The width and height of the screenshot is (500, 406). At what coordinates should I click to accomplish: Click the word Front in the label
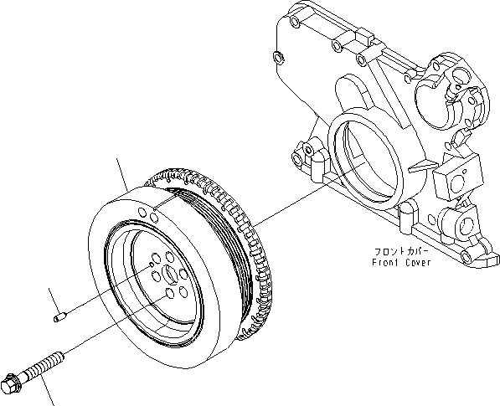coord(386,262)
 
